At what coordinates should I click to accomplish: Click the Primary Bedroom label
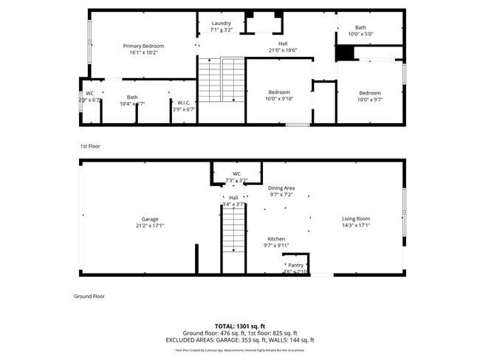pos(143,46)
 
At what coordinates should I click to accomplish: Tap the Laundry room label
pos(222,24)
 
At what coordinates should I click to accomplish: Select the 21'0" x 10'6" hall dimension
pos(283,50)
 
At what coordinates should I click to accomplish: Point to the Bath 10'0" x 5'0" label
pos(360,28)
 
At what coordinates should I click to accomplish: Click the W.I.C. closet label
pos(184,103)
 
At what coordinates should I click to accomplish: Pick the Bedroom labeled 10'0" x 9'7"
pos(370,93)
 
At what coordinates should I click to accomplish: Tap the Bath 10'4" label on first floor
pos(132,97)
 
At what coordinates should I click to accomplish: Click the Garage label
pos(150,219)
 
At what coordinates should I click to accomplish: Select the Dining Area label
pos(281,189)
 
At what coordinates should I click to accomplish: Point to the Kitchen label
pos(276,239)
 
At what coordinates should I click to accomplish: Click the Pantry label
pos(295,265)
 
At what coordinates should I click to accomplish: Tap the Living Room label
pos(356,218)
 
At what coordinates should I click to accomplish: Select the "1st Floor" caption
pos(90,146)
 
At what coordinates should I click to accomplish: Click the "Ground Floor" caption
pos(89,296)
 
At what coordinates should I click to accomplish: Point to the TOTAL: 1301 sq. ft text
pos(240,325)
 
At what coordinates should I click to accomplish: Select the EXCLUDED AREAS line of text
pos(240,340)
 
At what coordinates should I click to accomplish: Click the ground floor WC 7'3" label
pos(236,174)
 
